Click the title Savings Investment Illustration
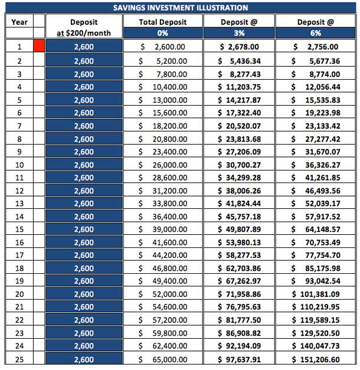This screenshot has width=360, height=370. (180, 8)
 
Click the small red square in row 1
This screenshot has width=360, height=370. (39, 46)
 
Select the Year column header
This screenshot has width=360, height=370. (19, 22)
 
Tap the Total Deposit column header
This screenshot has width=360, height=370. (162, 22)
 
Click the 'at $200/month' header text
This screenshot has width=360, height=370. (84, 33)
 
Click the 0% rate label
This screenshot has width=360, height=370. (162, 33)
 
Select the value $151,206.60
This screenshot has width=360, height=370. (316, 359)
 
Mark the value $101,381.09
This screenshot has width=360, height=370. (316, 294)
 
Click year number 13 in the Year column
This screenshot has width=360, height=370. (19, 203)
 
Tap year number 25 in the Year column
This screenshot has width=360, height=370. (19, 359)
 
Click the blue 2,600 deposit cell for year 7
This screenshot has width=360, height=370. (84, 125)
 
